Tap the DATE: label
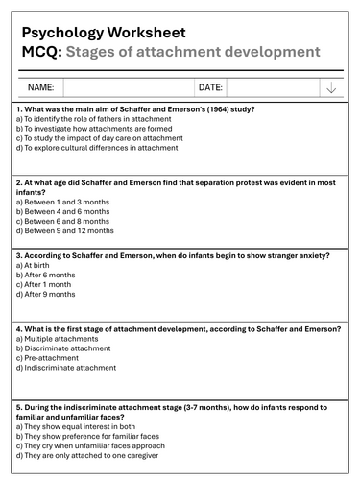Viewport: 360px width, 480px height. [x=210, y=87]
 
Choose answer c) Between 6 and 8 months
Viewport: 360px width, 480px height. [x=64, y=221]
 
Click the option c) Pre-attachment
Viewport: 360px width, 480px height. [x=49, y=357]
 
